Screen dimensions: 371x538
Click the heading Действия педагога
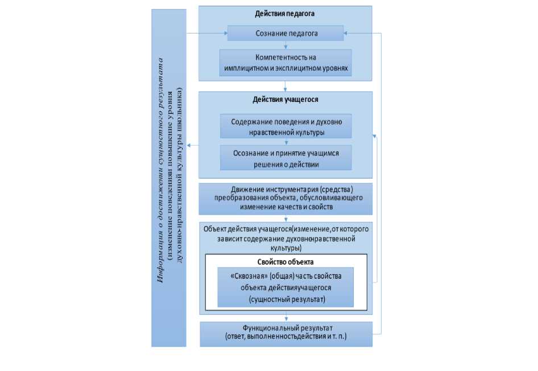285,13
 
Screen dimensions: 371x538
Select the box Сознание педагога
285,34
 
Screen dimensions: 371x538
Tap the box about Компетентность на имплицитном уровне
285,63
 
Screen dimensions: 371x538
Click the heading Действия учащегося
285,99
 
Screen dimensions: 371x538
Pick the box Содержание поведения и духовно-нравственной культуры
285,127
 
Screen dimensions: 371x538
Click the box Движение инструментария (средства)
285,198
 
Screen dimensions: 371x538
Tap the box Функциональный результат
286,333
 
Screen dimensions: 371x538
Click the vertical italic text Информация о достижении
162,171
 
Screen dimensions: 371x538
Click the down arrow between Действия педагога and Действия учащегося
285,87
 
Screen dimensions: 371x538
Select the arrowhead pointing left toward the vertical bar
189,146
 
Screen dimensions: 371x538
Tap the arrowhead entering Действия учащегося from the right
375,135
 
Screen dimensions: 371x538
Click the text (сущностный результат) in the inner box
285,299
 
